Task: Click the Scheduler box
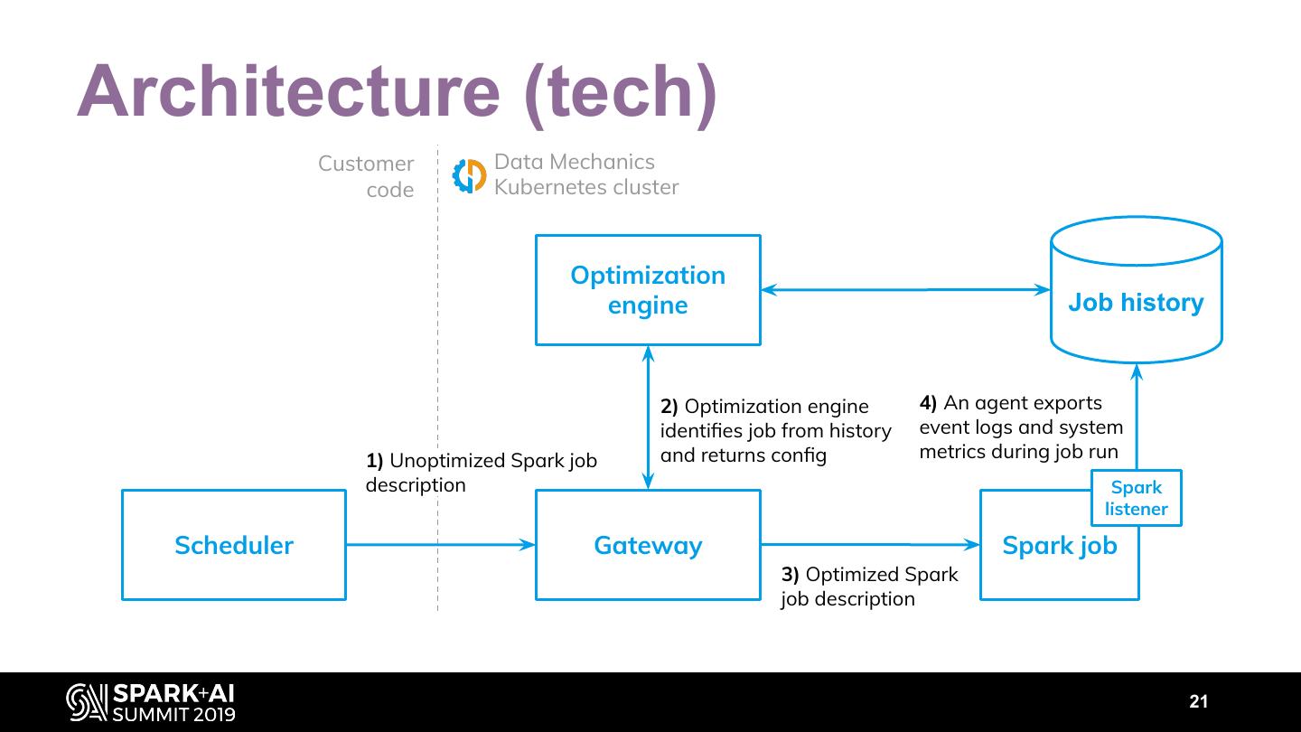click(x=233, y=545)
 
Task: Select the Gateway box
click(x=648, y=545)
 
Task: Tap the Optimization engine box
click(x=648, y=290)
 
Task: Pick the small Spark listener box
click(x=1136, y=498)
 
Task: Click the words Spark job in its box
click(x=1059, y=546)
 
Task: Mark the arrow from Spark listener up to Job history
click(x=1137, y=416)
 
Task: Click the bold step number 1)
click(x=375, y=461)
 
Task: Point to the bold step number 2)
click(x=669, y=407)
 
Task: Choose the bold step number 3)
click(x=791, y=575)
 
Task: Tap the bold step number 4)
click(x=929, y=403)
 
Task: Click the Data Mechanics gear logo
click(x=469, y=176)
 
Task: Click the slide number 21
click(x=1198, y=702)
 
